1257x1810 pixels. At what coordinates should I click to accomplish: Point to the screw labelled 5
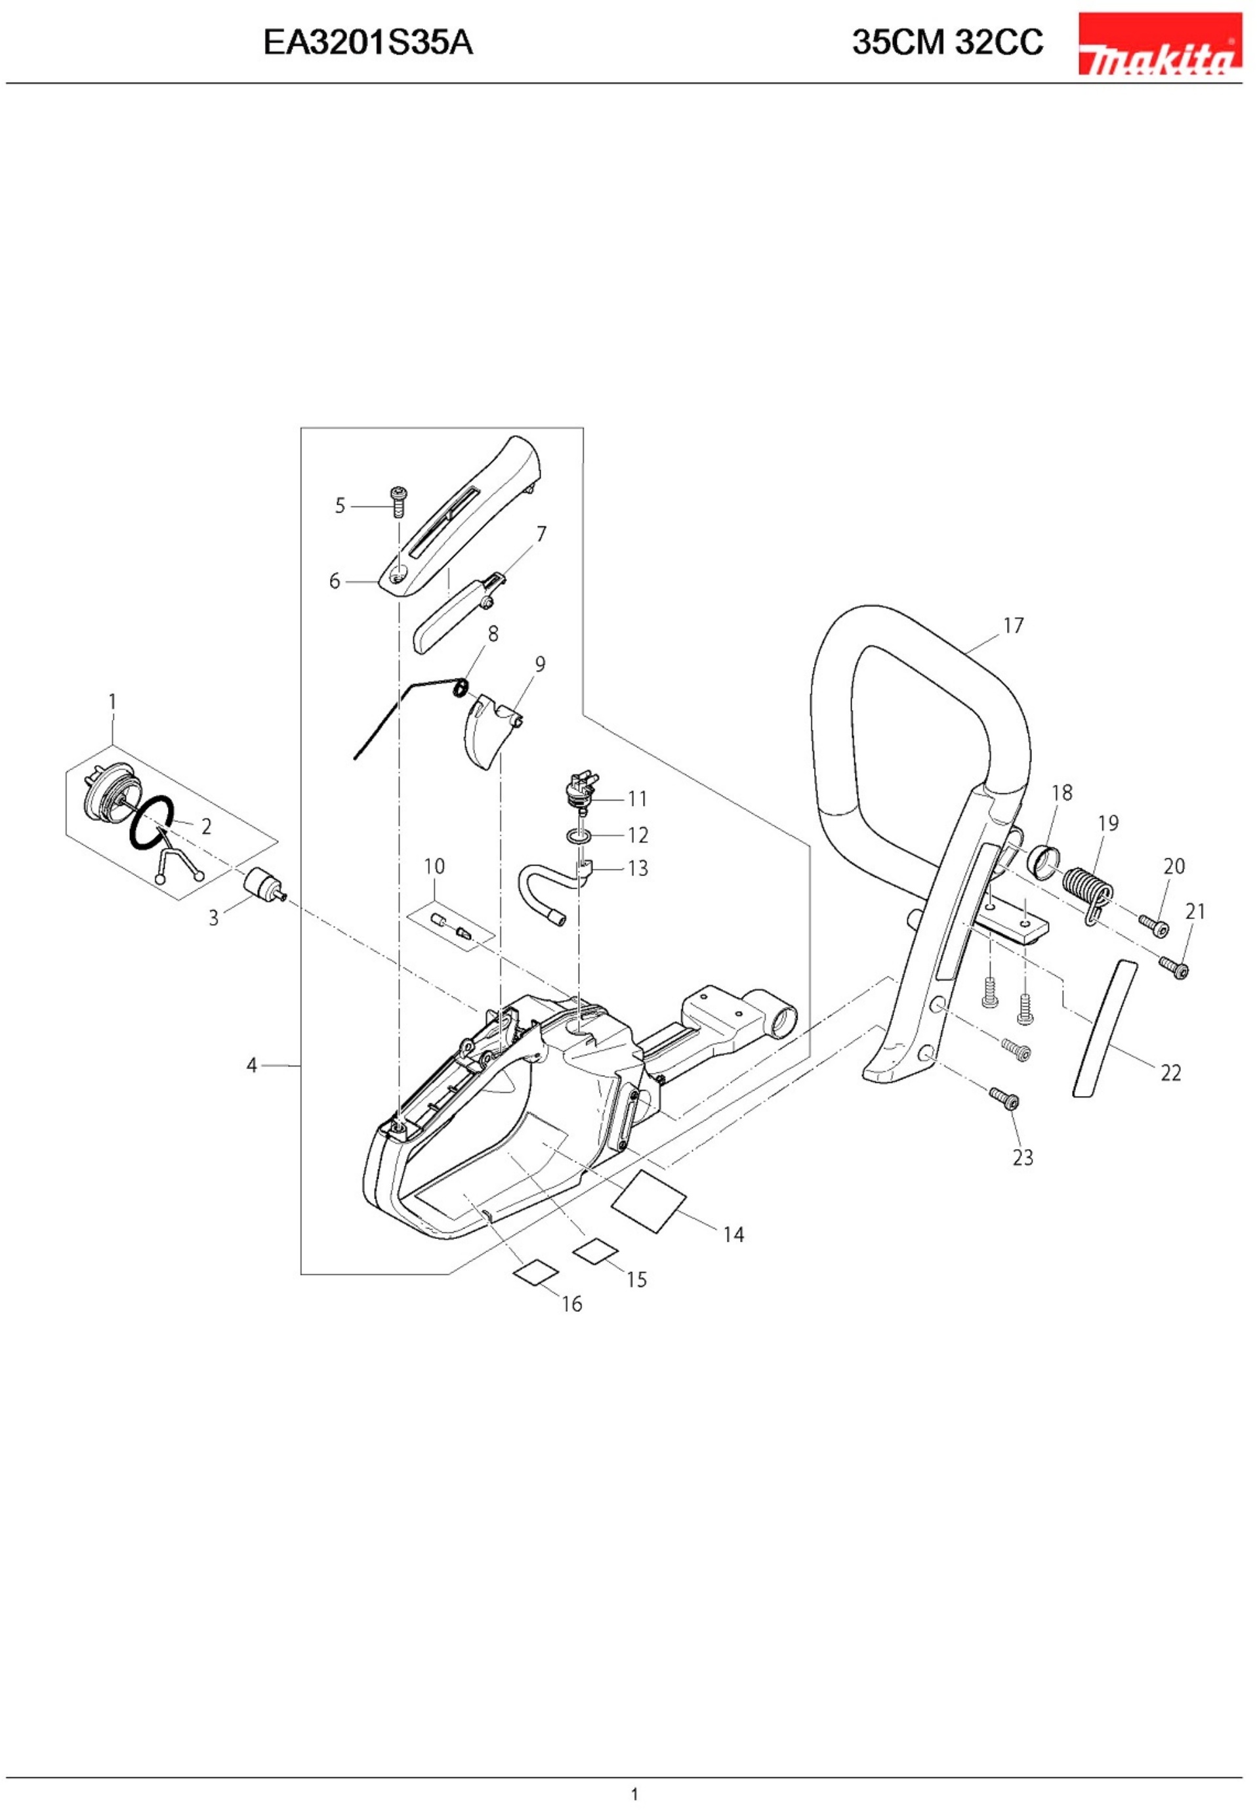pos(400,501)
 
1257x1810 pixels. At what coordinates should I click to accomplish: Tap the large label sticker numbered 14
pos(649,1203)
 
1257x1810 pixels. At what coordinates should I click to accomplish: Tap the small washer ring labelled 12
pos(578,835)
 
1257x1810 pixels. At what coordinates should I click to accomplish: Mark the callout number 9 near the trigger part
pos(539,665)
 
